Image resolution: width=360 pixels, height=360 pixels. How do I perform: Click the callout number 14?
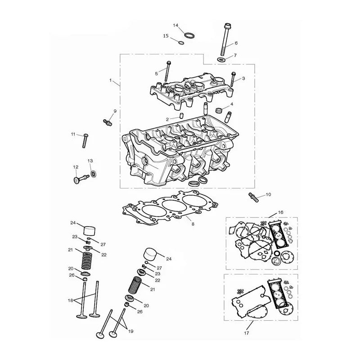(175, 25)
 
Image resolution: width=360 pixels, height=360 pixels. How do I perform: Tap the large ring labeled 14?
(190, 36)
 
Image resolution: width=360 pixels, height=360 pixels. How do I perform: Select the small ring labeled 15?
(181, 42)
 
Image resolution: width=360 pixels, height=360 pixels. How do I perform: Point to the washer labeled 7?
(221, 60)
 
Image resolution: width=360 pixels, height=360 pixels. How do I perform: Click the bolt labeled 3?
(233, 80)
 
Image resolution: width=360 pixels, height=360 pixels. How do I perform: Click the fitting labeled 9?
(108, 122)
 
